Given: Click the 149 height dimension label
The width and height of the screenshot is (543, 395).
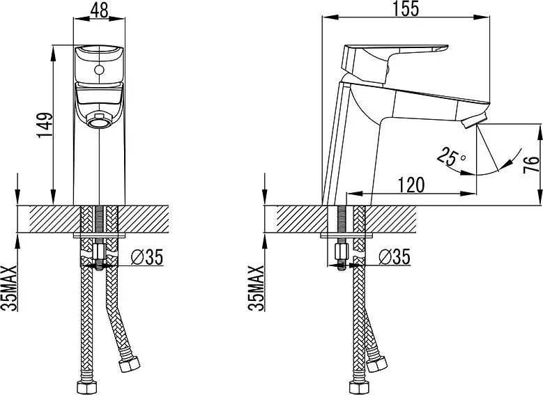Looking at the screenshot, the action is click(45, 125).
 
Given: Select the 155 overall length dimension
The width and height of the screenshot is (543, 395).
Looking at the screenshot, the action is click(406, 8).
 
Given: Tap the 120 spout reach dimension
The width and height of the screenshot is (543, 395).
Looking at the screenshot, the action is click(411, 185).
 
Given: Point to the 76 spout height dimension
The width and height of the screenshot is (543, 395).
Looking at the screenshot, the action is click(532, 164).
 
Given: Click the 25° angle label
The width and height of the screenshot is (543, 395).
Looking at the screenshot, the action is click(450, 157).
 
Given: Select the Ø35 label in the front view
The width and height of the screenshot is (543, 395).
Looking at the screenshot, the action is click(147, 257).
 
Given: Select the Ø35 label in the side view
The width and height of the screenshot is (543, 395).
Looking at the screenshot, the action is click(395, 257).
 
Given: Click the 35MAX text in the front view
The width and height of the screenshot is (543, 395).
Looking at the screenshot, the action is click(9, 288).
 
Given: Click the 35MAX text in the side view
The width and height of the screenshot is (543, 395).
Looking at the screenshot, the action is click(257, 288).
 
